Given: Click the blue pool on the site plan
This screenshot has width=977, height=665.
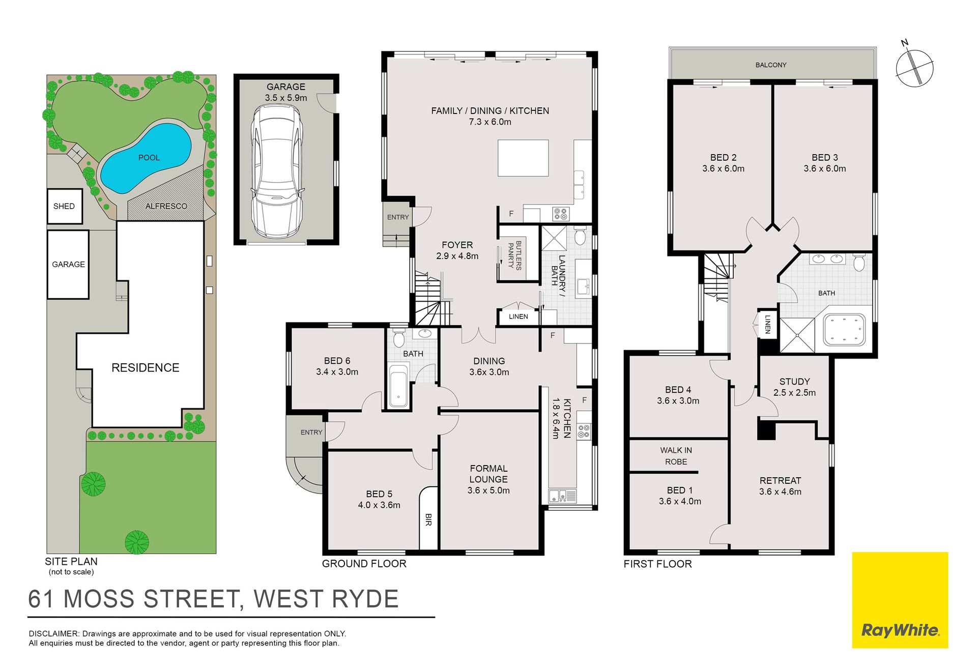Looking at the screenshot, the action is click(146, 158).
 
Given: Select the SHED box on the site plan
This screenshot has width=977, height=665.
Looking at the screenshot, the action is click(65, 206).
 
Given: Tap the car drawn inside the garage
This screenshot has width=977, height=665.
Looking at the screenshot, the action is click(277, 171).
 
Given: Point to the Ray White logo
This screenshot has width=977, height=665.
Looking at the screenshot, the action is click(900, 600).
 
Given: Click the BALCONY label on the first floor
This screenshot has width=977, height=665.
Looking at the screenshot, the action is click(771, 65).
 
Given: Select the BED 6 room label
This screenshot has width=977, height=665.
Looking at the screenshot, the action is click(337, 361).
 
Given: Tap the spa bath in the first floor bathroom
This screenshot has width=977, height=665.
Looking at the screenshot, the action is click(844, 330).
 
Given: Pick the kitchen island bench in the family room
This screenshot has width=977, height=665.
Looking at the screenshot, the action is click(523, 158).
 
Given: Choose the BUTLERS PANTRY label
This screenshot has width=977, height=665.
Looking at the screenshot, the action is click(515, 255).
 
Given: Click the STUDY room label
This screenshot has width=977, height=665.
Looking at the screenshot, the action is click(794, 382).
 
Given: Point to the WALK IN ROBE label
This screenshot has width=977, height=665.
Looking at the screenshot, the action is click(676, 456).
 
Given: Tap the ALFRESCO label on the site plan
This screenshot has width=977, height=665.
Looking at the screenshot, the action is click(166, 206).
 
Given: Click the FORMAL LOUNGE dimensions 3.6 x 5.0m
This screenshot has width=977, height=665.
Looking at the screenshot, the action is click(489, 490).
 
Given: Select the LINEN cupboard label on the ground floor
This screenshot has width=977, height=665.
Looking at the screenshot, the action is click(518, 316).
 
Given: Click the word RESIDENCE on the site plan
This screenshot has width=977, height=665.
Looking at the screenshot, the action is click(146, 368).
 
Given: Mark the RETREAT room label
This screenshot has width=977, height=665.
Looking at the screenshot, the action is click(780, 480).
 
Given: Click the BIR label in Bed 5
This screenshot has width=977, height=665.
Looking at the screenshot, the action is click(428, 519).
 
